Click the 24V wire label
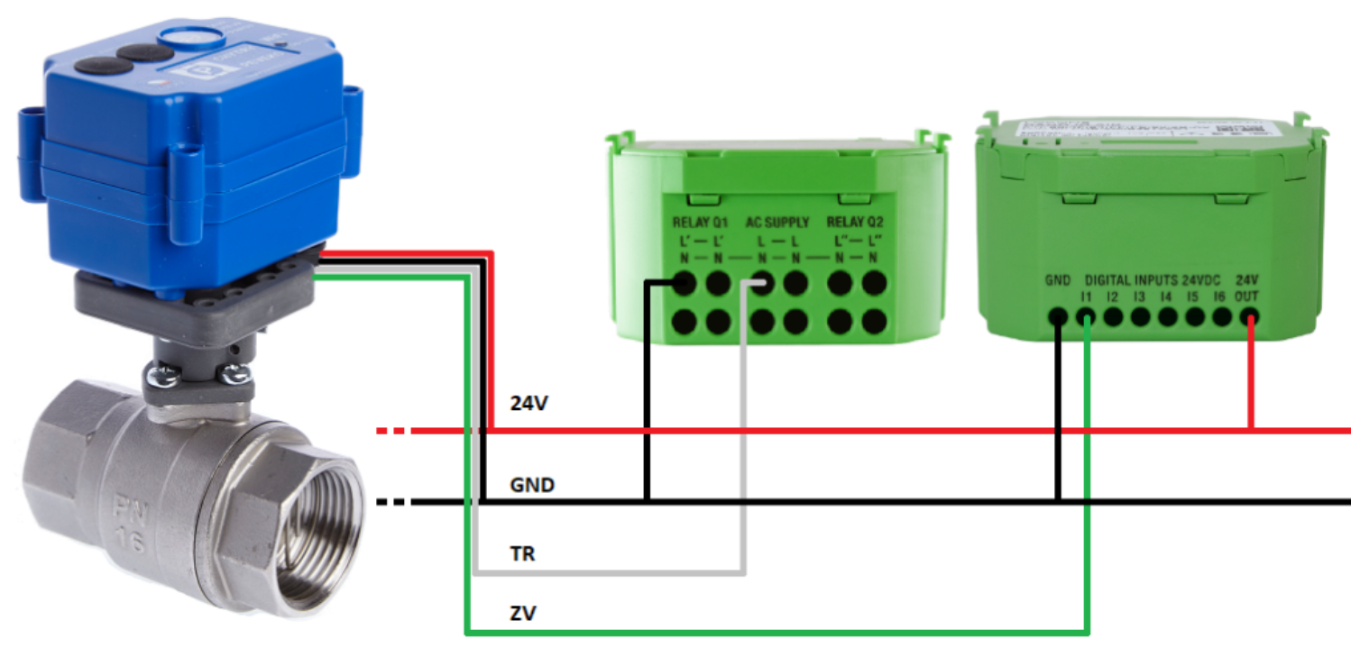coord(529,405)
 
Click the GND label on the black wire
coord(532,486)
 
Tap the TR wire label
coord(522,553)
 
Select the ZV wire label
coord(523,615)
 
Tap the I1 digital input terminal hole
coord(1086,317)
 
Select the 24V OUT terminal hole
coord(1249,317)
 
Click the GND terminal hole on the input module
coord(1058,317)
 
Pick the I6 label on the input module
coord(1220,296)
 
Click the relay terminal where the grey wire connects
coord(761,284)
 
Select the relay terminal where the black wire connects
coord(683,284)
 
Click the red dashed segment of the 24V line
coord(393,431)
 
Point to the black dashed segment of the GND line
coord(393,501)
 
